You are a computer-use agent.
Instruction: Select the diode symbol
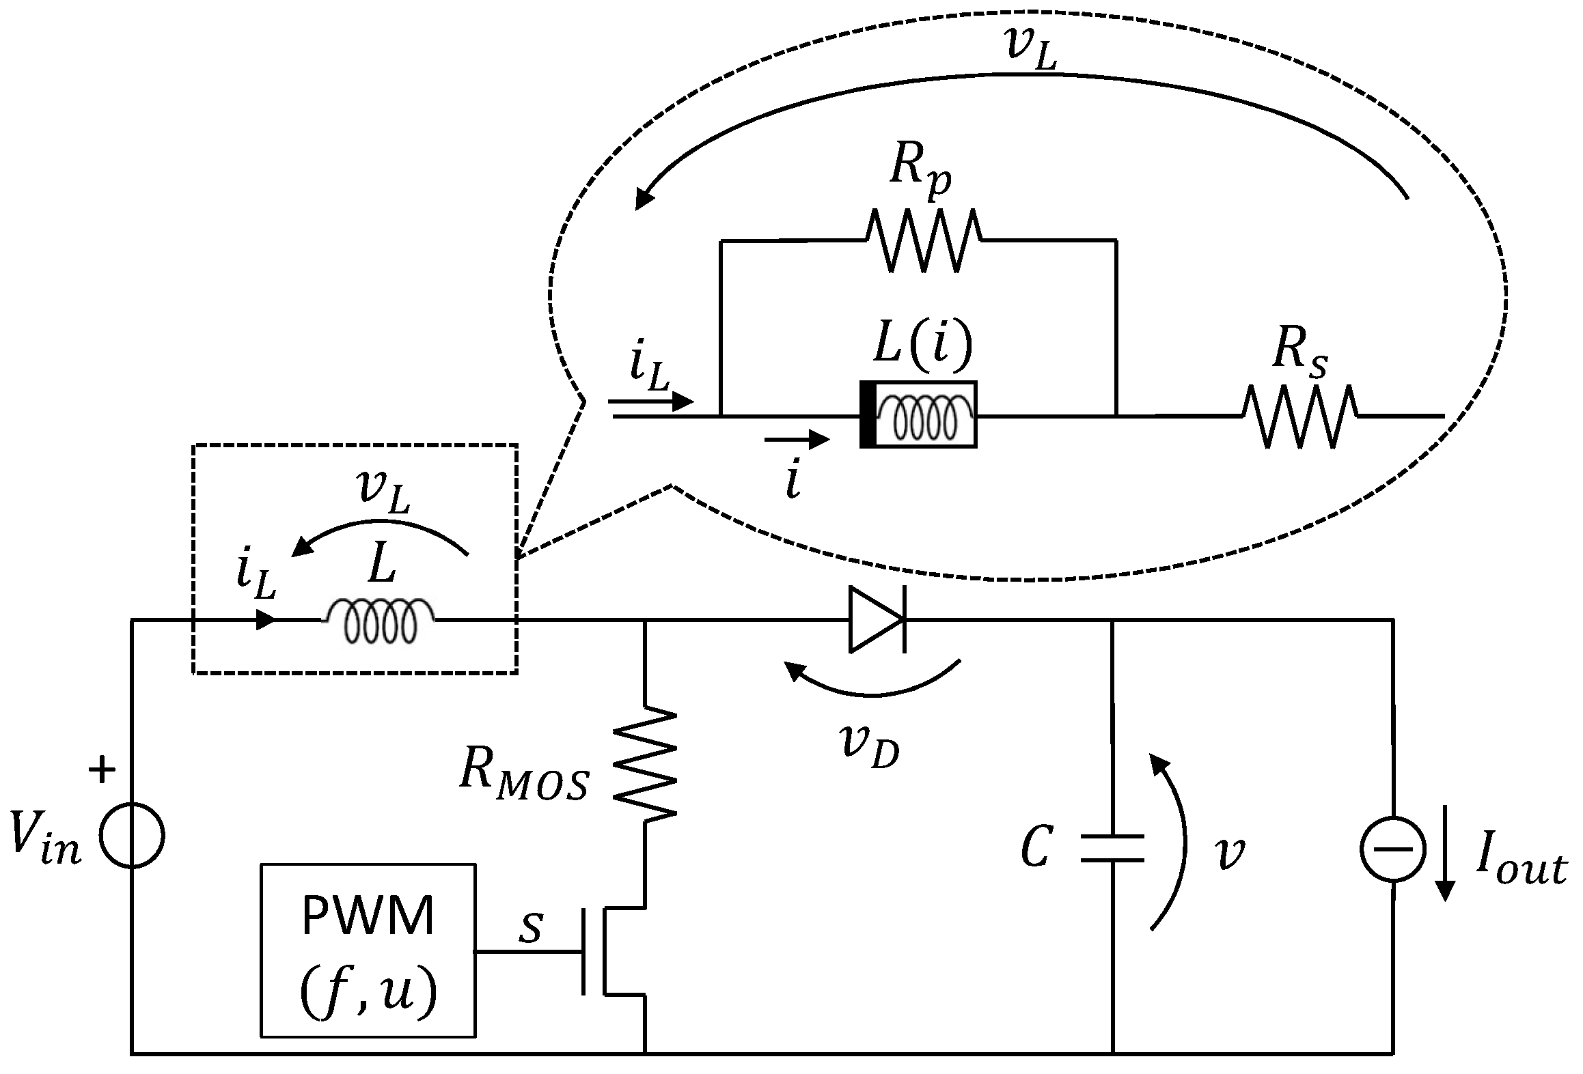point(877,620)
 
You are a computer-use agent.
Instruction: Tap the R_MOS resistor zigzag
point(645,763)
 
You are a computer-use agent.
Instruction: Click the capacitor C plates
point(1112,848)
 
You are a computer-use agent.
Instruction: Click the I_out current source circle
point(1392,849)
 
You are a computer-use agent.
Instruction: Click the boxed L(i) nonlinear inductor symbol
point(918,414)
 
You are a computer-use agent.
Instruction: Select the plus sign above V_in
point(102,772)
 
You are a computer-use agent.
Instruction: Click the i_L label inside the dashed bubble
point(649,373)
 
